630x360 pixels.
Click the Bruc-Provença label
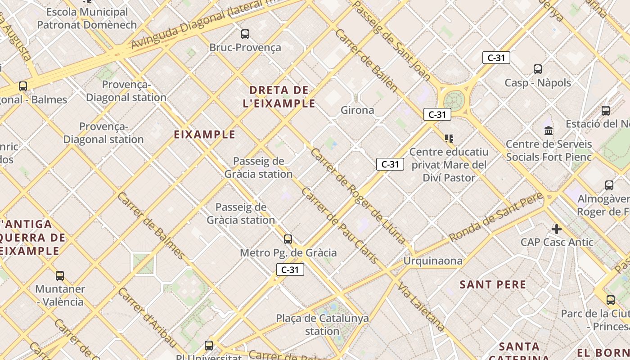pyautogui.click(x=245, y=47)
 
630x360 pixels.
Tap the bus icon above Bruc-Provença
pyautogui.click(x=245, y=34)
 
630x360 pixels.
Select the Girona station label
pyautogui.click(x=357, y=110)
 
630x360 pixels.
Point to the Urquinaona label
pyautogui.click(x=433, y=261)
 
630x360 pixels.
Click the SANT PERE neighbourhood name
pyautogui.click(x=493, y=284)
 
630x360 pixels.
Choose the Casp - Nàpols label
pyautogui.click(x=538, y=83)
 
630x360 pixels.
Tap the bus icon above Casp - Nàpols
pyautogui.click(x=538, y=69)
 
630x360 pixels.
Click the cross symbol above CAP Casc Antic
pyautogui.click(x=557, y=229)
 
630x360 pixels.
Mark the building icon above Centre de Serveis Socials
pyautogui.click(x=549, y=131)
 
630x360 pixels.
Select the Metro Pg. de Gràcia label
pyautogui.click(x=288, y=252)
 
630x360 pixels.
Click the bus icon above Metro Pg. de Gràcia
pyautogui.click(x=288, y=239)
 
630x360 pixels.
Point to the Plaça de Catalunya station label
pyautogui.click(x=322, y=324)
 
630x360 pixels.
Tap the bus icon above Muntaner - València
pyautogui.click(x=60, y=275)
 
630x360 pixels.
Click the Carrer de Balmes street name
pyautogui.click(x=151, y=225)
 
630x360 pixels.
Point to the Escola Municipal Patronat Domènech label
pyautogui.click(x=87, y=18)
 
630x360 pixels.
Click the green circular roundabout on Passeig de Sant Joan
pyautogui.click(x=454, y=100)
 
